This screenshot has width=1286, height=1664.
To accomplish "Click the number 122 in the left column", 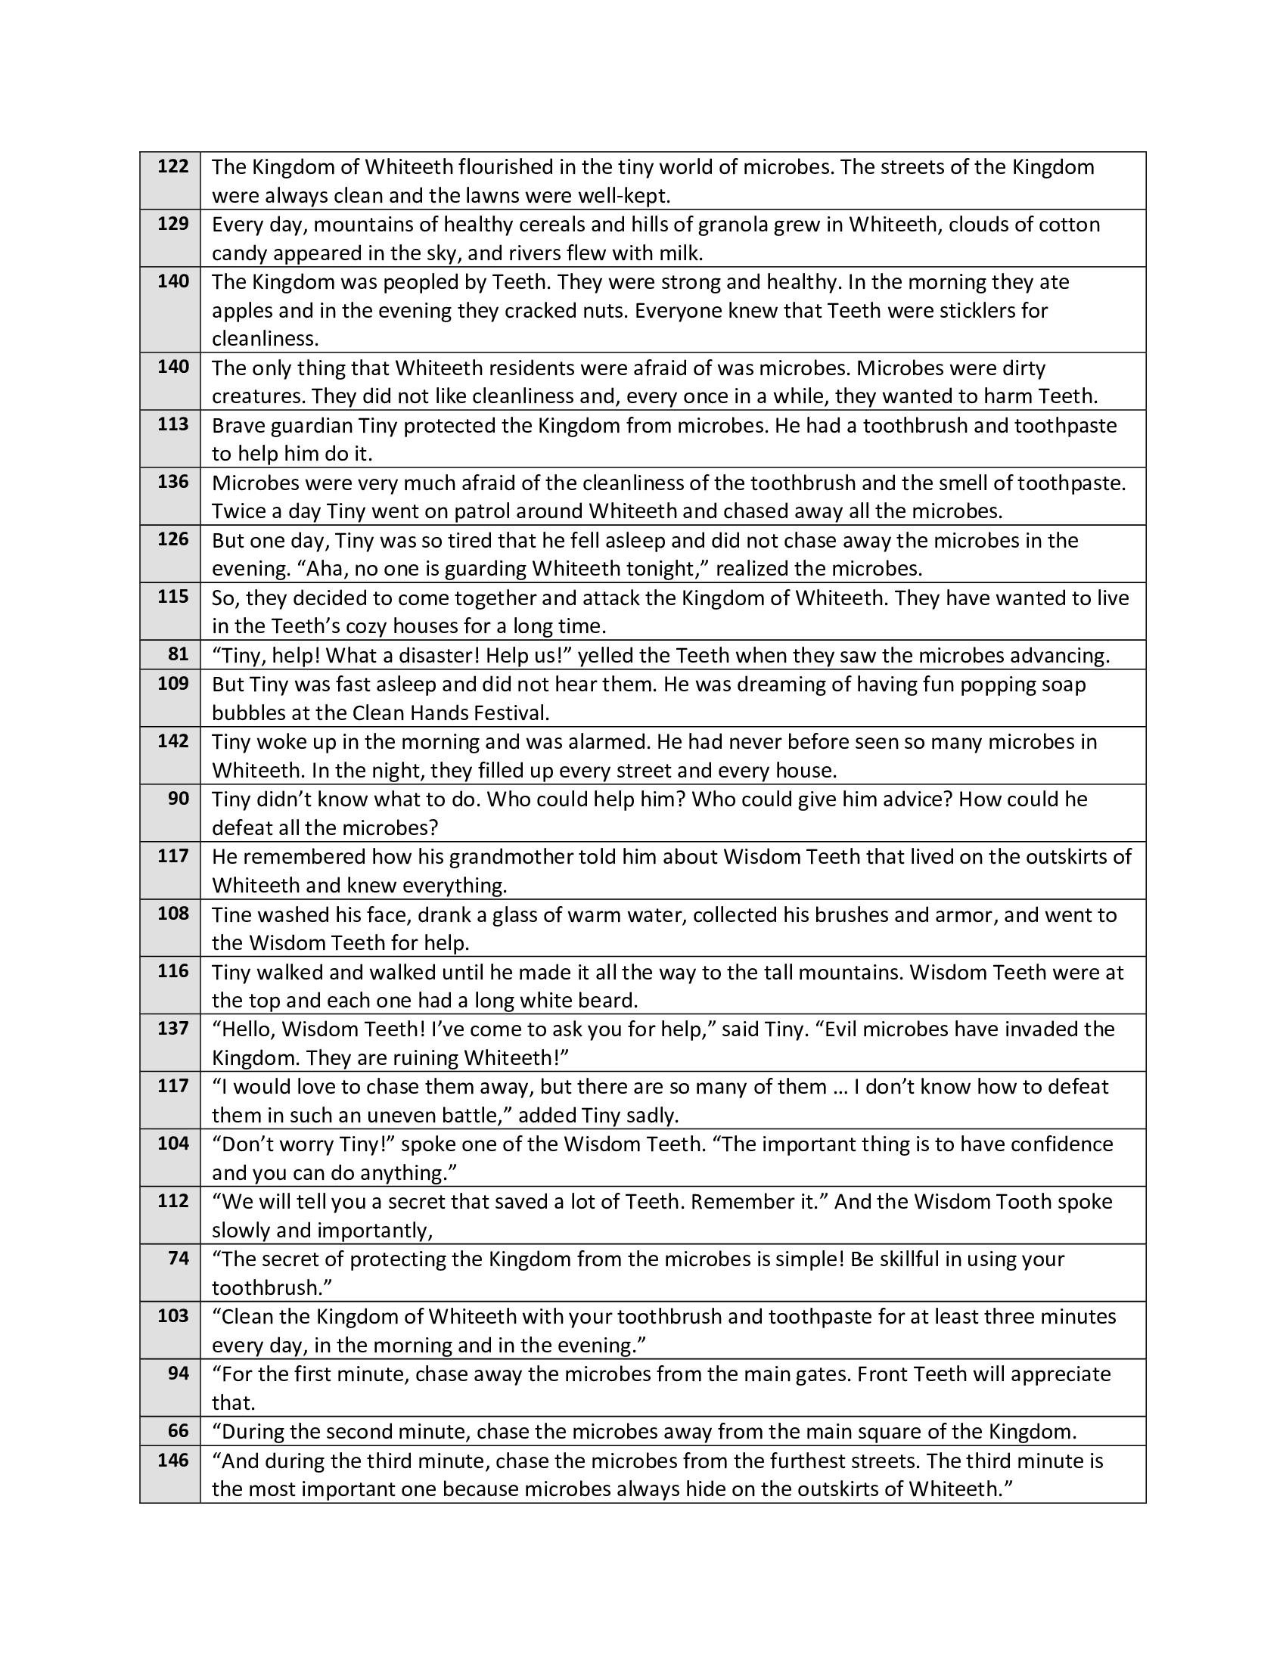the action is [x=173, y=166].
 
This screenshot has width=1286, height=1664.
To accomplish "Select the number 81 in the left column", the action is [x=179, y=653].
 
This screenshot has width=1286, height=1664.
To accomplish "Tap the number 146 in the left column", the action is [x=173, y=1460].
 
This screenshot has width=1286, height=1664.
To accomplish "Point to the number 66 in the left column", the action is [x=179, y=1431].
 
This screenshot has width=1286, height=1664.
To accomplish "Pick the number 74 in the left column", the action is [x=179, y=1258].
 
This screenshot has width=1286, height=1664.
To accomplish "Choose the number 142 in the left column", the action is [x=173, y=741].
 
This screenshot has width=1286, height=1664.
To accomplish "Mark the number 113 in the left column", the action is [x=173, y=424].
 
